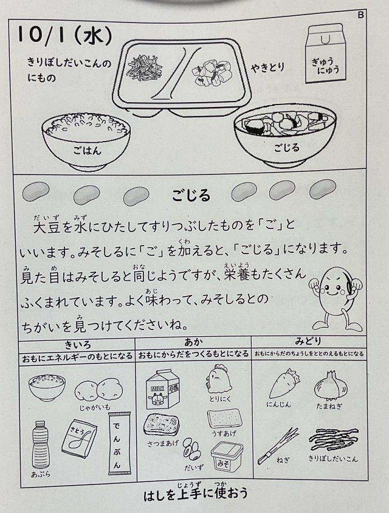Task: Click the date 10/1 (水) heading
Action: [65, 35]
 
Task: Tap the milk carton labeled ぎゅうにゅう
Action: [326, 54]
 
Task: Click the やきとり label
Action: [267, 68]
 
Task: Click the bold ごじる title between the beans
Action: [191, 196]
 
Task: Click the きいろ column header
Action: [78, 345]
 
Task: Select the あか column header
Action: [193, 342]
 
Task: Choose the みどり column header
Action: [308, 341]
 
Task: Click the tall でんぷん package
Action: [119, 443]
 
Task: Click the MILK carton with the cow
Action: [163, 390]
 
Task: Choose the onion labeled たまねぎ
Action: [331, 385]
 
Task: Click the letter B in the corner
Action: [360, 15]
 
